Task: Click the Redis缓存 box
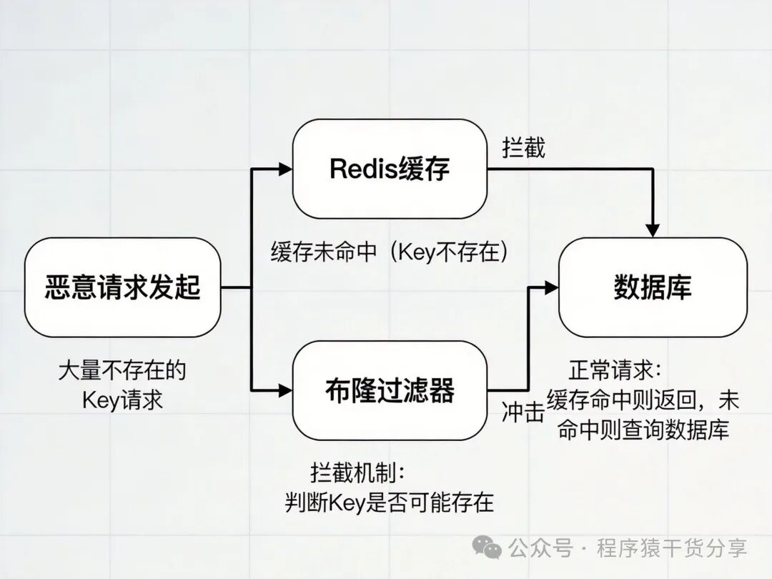pos(390,169)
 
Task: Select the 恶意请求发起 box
pos(122,287)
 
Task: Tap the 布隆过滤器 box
pos(390,390)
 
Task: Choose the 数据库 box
pos(653,287)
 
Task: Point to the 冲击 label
pos(523,414)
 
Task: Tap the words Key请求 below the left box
pos(122,399)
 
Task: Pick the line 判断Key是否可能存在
pos(390,502)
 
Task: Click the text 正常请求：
pos(615,370)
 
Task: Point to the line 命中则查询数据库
pos(643,430)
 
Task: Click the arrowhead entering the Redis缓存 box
pos(286,169)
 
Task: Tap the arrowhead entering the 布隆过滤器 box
pos(286,390)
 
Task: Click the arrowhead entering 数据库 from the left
pos(551,287)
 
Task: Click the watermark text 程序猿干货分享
pos(672,548)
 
